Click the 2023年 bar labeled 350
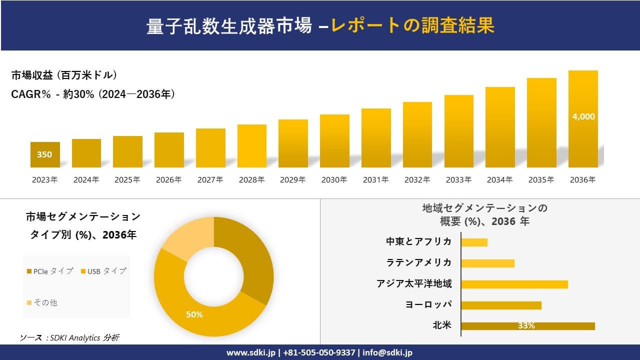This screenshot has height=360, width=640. [x=45, y=154]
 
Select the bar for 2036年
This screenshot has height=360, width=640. [x=583, y=119]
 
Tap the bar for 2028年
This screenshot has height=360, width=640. [x=251, y=146]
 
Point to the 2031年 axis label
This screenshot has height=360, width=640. [x=375, y=180]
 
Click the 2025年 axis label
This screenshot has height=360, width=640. [x=127, y=180]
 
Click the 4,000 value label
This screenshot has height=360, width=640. [x=583, y=116]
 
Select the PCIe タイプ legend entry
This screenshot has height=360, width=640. [x=49, y=271]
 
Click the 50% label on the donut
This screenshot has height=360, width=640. [x=194, y=314]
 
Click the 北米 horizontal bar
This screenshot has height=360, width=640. [x=527, y=326]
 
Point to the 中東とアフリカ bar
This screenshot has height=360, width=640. [x=474, y=242]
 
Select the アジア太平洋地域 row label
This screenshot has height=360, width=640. [x=414, y=284]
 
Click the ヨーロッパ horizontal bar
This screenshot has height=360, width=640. [x=501, y=305]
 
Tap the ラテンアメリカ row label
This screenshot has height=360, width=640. [x=418, y=263]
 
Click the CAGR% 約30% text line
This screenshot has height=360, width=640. [x=93, y=94]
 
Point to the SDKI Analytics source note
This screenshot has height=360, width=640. [x=69, y=338]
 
